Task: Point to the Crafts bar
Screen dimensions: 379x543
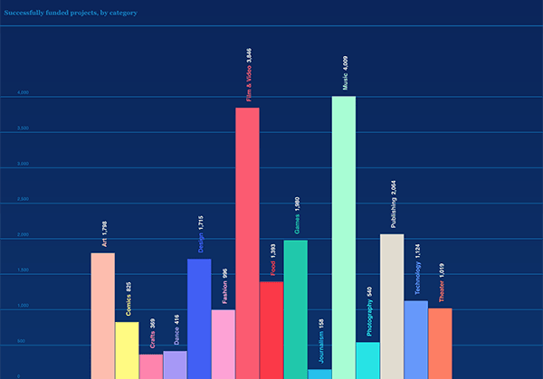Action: click(x=151, y=366)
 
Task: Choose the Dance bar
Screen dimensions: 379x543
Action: click(x=175, y=365)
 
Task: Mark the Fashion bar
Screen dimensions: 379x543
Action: click(x=224, y=344)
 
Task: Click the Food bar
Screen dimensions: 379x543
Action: click(x=271, y=330)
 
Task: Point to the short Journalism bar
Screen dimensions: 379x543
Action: click(x=319, y=374)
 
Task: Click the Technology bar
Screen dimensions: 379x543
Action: click(x=416, y=339)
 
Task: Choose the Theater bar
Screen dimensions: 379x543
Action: click(x=440, y=343)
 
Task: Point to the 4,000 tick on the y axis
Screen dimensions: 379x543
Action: click(x=24, y=93)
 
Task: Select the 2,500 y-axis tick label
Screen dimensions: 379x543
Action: click(x=24, y=199)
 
